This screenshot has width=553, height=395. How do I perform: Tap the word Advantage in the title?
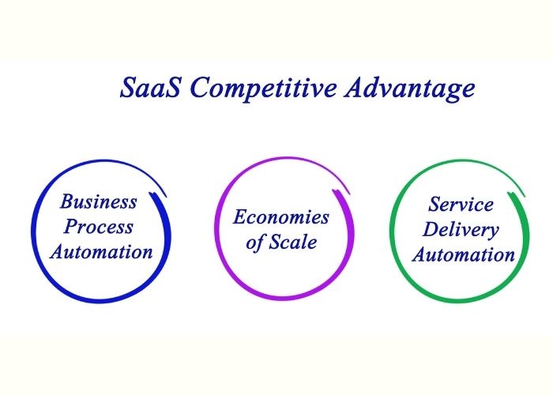[410, 88]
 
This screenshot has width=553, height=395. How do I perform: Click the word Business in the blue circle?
[99, 201]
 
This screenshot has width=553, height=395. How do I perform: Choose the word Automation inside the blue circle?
[100, 252]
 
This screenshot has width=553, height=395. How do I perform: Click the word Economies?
[280, 217]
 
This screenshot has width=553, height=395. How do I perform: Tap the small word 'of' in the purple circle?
[254, 243]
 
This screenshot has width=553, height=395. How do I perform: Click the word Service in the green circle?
[461, 205]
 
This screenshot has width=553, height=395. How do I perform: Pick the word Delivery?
[461, 230]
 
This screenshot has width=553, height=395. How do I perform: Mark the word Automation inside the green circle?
[464, 255]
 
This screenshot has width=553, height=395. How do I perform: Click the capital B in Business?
[68, 201]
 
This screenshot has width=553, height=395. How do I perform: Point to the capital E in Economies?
[239, 217]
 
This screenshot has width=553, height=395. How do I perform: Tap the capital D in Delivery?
[431, 230]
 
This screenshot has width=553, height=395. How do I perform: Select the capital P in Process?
[71, 227]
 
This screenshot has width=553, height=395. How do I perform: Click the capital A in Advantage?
[353, 88]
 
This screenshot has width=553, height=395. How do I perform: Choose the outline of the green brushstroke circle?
[391, 229]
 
